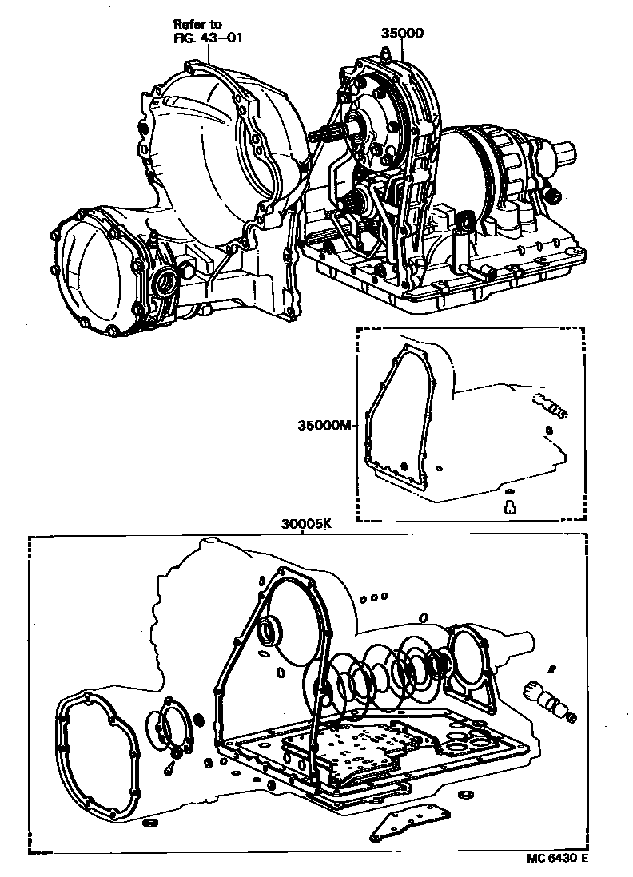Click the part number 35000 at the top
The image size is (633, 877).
pos(402,33)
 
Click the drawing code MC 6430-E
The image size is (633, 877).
pos(556,859)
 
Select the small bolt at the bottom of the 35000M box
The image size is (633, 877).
pos(511,505)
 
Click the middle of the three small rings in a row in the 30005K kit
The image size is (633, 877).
pos(375,596)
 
